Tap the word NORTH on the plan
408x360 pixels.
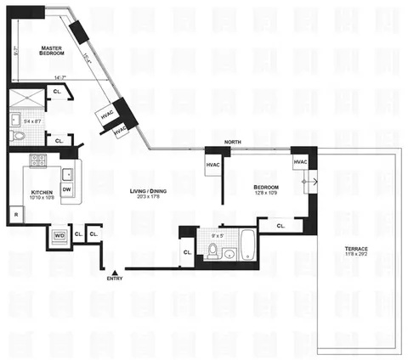(233, 143)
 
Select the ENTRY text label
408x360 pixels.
(115, 278)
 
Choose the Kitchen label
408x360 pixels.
(42, 193)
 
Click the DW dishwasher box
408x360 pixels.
(65, 188)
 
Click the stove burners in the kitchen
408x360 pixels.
(37, 160)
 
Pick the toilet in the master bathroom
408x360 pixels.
(19, 137)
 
